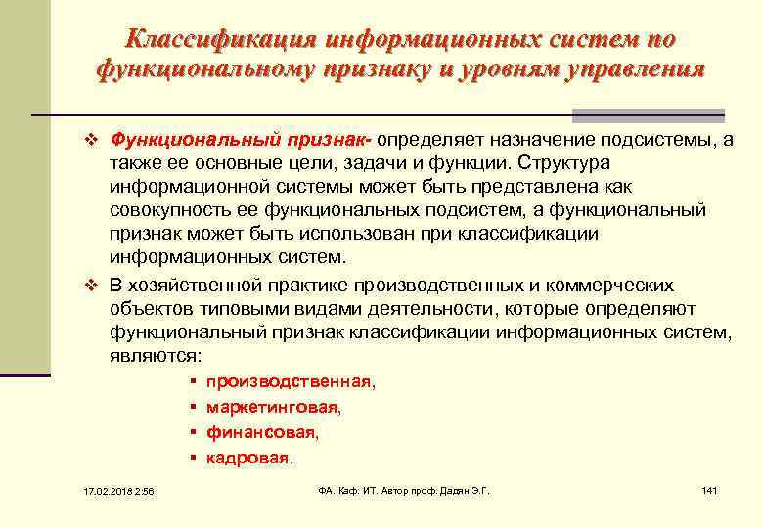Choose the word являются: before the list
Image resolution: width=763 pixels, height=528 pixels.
point(156,357)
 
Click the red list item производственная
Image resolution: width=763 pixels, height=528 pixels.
point(289,382)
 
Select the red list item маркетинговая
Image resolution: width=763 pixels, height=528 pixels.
point(273,407)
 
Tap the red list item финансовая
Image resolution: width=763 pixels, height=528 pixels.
point(261,431)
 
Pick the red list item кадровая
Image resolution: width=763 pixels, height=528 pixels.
point(247,457)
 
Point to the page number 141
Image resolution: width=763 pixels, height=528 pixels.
point(709,489)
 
